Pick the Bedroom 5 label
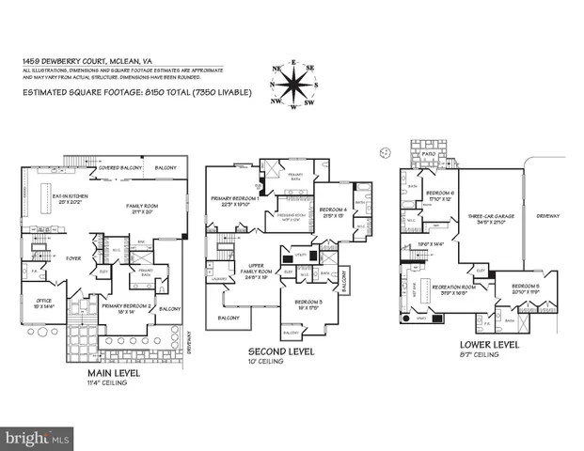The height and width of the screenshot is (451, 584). click(x=527, y=288)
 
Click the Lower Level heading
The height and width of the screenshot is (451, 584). click(x=470, y=346)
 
